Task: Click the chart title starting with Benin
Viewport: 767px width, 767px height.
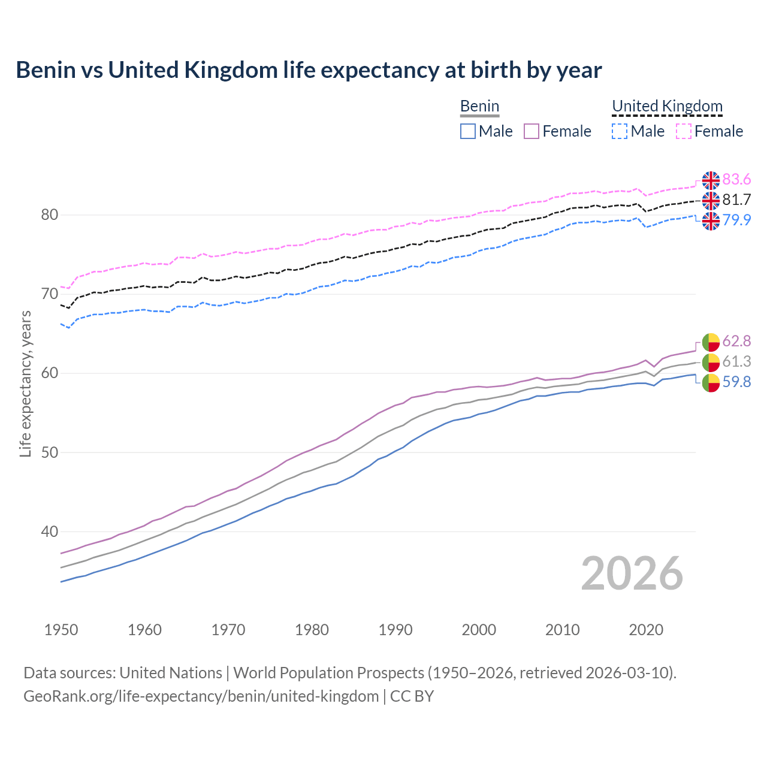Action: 309,70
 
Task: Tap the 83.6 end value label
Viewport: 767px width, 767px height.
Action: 736,180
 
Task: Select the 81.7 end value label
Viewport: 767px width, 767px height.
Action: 736,200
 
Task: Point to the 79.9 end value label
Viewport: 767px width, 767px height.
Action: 736,220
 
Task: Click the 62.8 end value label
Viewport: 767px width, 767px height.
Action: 736,342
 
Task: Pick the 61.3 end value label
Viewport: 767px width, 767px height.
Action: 736,362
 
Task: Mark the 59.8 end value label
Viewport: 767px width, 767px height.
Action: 736,382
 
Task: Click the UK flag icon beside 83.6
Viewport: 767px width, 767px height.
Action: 711,180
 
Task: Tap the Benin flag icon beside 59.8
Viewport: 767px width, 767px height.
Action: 711,382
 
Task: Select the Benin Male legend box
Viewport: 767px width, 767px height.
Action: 468,131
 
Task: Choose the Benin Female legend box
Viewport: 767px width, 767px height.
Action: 532,131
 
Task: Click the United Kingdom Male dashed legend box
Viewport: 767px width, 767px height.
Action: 620,131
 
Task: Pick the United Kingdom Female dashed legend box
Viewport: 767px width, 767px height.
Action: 684,131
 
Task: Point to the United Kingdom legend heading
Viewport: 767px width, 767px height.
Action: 667,106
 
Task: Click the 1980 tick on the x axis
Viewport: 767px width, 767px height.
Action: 312,630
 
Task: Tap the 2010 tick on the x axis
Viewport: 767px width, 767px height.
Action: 562,630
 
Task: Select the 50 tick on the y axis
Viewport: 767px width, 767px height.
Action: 50,452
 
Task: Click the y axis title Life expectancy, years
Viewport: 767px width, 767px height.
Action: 25,383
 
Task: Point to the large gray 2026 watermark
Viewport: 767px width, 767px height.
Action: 632,573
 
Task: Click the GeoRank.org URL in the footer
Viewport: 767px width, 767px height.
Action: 201,696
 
